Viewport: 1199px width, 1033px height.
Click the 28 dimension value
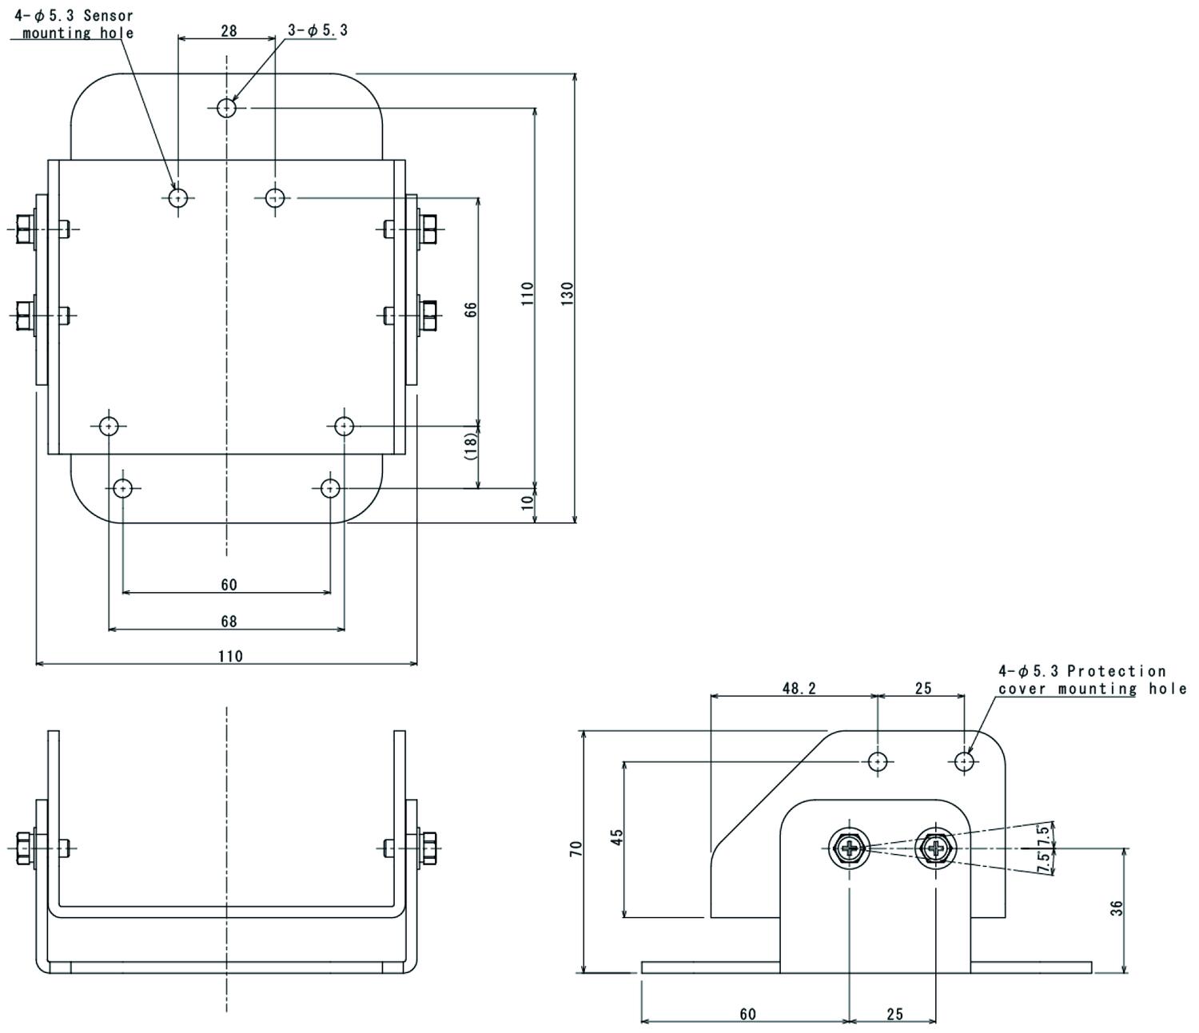click(x=229, y=31)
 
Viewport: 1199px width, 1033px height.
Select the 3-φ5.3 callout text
click(x=317, y=30)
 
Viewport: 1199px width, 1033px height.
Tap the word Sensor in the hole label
click(x=108, y=15)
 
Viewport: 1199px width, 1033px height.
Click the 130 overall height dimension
click(x=567, y=293)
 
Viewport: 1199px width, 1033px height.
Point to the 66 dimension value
click(x=471, y=310)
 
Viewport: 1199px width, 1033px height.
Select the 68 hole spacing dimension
click(x=229, y=621)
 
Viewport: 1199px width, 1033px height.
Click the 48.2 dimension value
click(x=799, y=688)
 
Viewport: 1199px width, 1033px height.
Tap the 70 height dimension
click(x=576, y=848)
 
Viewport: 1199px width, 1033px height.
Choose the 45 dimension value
click(x=616, y=837)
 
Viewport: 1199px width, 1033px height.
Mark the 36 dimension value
click(x=1117, y=908)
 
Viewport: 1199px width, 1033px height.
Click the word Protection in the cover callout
click(x=1116, y=671)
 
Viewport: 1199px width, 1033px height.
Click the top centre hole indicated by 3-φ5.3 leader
click(x=227, y=107)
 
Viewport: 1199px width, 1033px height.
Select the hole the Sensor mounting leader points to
click(x=178, y=197)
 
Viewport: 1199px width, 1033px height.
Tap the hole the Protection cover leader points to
click(x=965, y=762)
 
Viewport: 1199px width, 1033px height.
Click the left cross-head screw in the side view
click(x=849, y=848)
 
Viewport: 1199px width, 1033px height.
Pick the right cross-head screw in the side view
click(x=935, y=848)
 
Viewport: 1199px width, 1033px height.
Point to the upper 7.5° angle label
click(x=1043, y=832)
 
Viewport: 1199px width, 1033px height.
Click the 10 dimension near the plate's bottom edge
click(x=527, y=503)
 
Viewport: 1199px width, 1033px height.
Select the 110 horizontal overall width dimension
click(x=230, y=656)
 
